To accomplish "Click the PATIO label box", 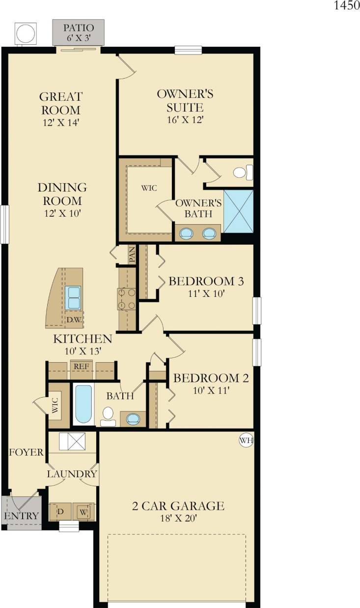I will pos(79,32).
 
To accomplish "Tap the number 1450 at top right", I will pos(347,6).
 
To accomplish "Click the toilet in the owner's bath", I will pos(241,172).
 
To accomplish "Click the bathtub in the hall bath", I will pos(83,404).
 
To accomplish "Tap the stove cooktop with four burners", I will pos(126,299).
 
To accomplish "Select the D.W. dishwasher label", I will pos(74,319).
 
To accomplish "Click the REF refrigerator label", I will pos(81,366).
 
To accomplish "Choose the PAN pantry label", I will pos(132,255).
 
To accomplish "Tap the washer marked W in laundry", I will pos(84,512).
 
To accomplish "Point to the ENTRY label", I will pos(21,516).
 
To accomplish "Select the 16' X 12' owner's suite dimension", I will pos(187,119).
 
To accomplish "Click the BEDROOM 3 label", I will pos(206,282).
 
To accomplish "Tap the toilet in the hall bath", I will pos(108,418).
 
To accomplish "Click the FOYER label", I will pos(26,452).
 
